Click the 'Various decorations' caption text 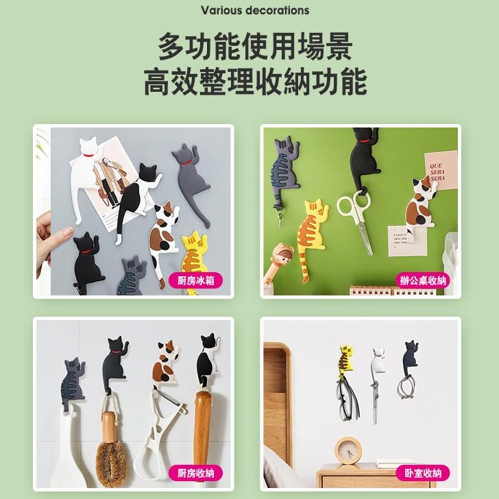tap(254, 10)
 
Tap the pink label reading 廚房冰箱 tap(195, 280)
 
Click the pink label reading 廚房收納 tap(195, 472)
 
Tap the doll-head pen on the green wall tap(280, 264)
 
